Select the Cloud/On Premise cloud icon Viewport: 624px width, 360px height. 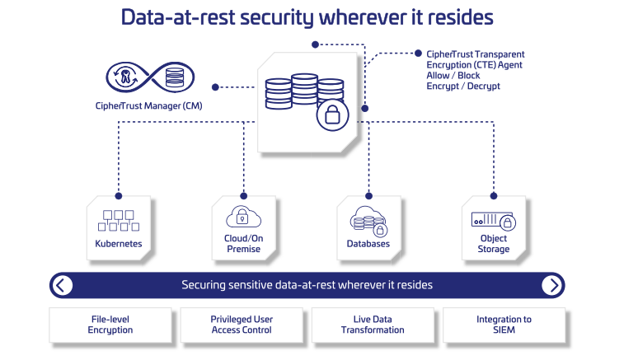tap(242, 217)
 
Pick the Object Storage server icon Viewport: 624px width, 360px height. tap(493, 221)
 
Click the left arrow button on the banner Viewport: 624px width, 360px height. tap(63, 285)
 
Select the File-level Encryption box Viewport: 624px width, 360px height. tap(110, 325)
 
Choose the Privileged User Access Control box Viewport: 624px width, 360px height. tap(242, 325)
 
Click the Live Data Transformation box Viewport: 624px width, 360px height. tap(373, 325)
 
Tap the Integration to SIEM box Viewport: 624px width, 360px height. tap(504, 325)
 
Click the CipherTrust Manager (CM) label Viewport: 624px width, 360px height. tap(148, 105)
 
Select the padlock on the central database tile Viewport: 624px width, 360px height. tap(332, 115)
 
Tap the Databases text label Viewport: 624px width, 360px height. tap(368, 244)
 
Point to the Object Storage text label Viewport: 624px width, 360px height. tap(493, 244)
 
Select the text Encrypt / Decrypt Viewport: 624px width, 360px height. tap(463, 86)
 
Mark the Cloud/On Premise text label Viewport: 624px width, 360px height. tap(242, 244)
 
